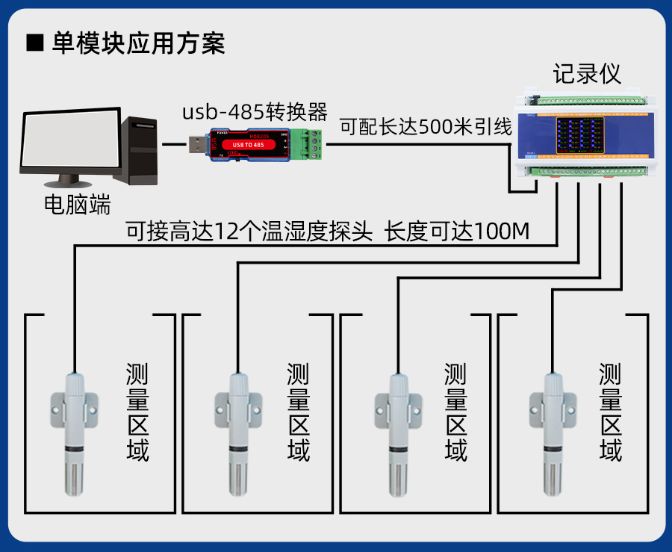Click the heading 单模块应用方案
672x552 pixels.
pyautogui.click(x=138, y=43)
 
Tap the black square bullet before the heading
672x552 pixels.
pyautogui.click(x=35, y=43)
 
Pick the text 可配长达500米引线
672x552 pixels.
pyautogui.click(x=426, y=126)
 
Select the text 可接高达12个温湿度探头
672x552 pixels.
pyautogui.click(x=249, y=232)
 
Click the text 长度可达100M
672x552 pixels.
pyautogui.click(x=457, y=232)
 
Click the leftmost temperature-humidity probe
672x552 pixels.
pyautogui.click(x=75, y=433)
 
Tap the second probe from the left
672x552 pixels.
pyautogui.click(x=237, y=433)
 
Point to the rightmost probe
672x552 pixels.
pyautogui.click(x=553, y=433)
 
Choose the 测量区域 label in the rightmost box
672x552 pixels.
pyautogui.click(x=611, y=412)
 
